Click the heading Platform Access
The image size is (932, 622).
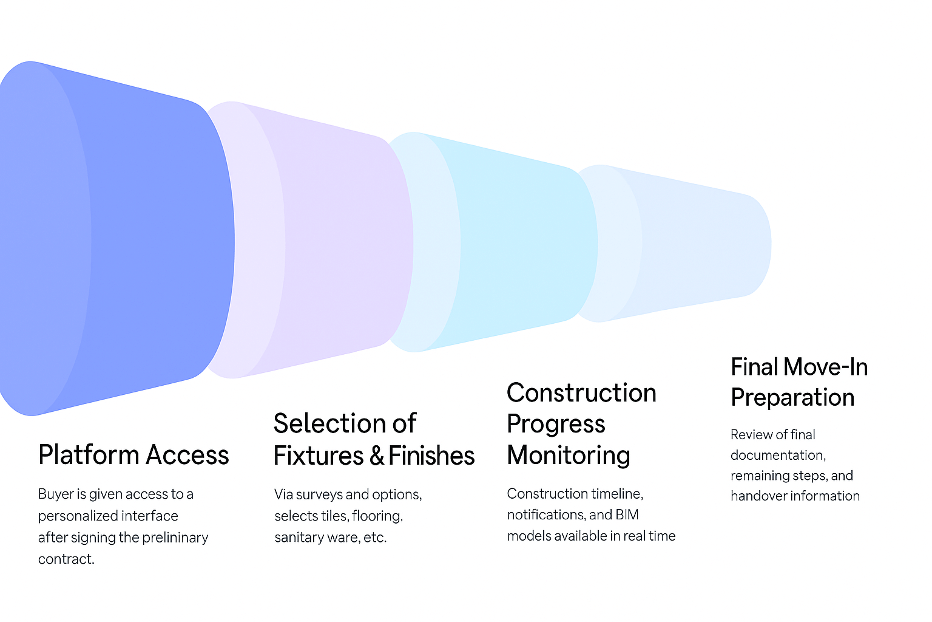point(133,455)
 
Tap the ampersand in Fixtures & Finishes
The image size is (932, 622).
point(376,456)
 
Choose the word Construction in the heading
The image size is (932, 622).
point(581,393)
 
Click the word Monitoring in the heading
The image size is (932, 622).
point(569,456)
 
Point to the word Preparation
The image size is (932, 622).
point(792,398)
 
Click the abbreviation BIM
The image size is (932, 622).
point(627,515)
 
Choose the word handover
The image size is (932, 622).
point(757,496)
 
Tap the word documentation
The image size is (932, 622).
point(777,456)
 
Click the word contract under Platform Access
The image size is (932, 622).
point(66,559)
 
